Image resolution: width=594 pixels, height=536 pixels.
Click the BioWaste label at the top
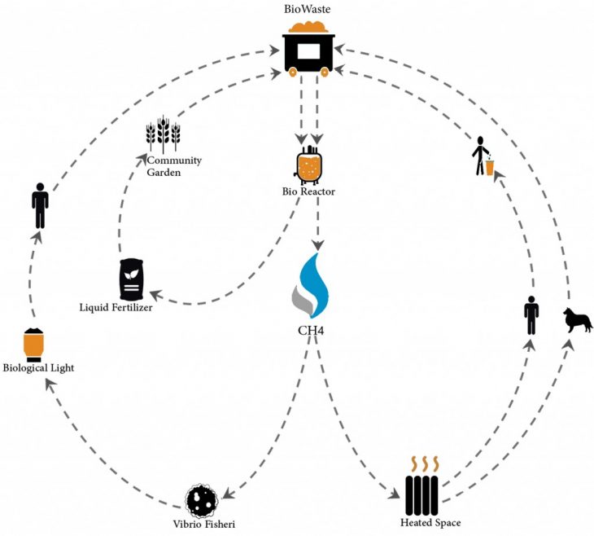click(308, 9)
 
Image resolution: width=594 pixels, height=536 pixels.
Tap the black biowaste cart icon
click(308, 51)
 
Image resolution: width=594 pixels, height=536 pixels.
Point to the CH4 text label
click(310, 330)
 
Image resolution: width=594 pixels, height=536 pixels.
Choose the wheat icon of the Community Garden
click(163, 134)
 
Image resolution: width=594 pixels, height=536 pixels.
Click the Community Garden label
click(173, 166)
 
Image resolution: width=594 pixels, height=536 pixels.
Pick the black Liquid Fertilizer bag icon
click(131, 279)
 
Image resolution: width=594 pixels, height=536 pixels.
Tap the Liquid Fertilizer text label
click(116, 307)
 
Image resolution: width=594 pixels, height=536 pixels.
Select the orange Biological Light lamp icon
click(33, 344)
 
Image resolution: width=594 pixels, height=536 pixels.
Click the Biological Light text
click(38, 368)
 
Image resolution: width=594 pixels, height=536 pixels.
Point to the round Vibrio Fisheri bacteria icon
click(200, 499)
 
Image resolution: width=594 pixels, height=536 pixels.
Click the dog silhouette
click(578, 320)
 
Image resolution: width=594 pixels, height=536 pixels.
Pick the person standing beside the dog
click(531, 315)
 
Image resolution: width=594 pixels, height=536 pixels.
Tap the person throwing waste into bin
click(482, 156)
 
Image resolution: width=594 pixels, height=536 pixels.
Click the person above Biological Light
click(39, 205)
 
